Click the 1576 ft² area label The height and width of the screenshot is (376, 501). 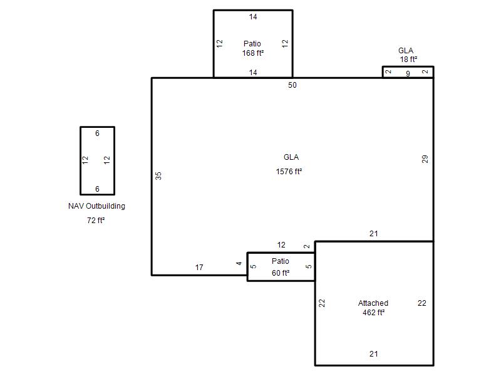pyautogui.click(x=289, y=172)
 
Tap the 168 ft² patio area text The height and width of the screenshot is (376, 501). pyautogui.click(x=253, y=53)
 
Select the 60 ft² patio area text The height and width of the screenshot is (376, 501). pyautogui.click(x=281, y=273)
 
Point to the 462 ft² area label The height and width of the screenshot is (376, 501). pyautogui.click(x=373, y=312)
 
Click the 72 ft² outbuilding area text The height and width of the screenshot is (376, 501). pyautogui.click(x=96, y=221)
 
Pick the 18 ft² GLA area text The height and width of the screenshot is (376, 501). pyautogui.click(x=409, y=60)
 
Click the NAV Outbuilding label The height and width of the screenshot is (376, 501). pyautogui.click(x=96, y=206)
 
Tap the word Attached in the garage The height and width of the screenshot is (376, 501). pyautogui.click(x=373, y=303)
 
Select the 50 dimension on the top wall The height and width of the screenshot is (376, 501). pyautogui.click(x=292, y=85)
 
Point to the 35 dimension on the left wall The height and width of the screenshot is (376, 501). pyautogui.click(x=158, y=176)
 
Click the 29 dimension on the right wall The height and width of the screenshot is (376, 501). pyautogui.click(x=425, y=159)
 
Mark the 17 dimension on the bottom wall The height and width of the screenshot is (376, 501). pyautogui.click(x=199, y=268)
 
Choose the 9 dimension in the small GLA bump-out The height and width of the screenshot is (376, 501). pyautogui.click(x=408, y=73)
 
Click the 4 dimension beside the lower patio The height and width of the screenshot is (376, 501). pyautogui.click(x=239, y=263)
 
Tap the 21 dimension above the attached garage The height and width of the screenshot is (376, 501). pyautogui.click(x=373, y=234)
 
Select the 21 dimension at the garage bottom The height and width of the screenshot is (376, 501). pyautogui.click(x=373, y=354)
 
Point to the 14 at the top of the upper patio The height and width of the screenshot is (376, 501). pyautogui.click(x=253, y=17)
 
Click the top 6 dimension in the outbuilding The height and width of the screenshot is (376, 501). pyautogui.click(x=98, y=133)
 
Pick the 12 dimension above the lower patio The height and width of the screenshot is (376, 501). pyautogui.click(x=281, y=245)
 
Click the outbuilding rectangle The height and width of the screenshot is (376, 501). pyautogui.click(x=80, y=161)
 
